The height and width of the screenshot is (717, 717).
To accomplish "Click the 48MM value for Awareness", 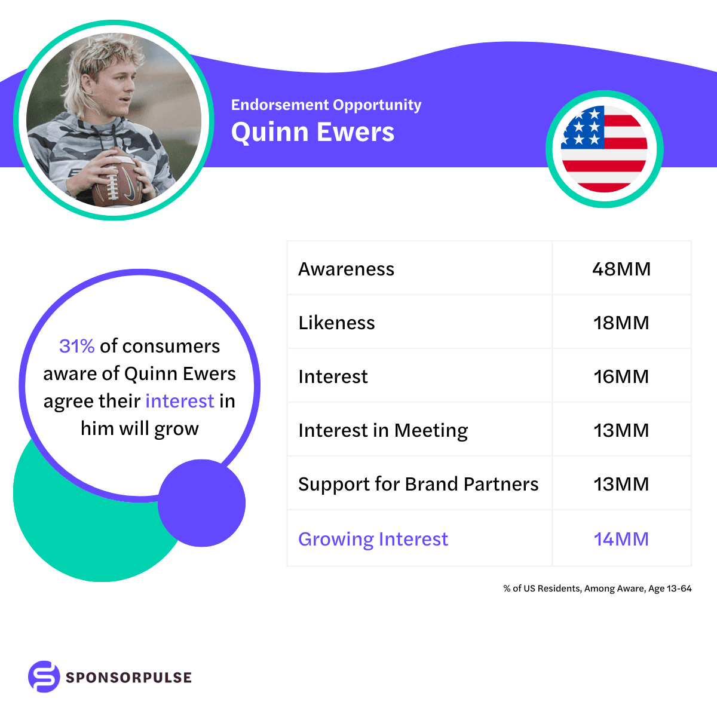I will pos(621,269).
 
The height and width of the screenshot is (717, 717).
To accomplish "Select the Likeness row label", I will pos(336,323).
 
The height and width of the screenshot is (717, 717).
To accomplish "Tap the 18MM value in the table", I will pos(621,323).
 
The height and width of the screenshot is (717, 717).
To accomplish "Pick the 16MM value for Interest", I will pos(621,376).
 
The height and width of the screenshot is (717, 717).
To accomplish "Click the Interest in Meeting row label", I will pos(383,430).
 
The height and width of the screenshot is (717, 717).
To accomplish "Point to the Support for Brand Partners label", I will pos(418,484).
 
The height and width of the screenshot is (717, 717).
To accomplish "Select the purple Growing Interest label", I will pos(373,539).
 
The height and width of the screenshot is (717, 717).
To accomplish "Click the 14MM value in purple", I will pos(621,539).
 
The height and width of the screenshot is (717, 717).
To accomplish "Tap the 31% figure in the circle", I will pos(77,346).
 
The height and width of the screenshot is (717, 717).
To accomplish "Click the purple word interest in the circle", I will pos(179,401).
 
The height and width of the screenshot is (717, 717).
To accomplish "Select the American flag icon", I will pos(604,149).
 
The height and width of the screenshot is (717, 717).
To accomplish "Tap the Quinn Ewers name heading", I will pos(312,132).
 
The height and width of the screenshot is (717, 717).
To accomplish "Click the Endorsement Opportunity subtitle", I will pos(326,105).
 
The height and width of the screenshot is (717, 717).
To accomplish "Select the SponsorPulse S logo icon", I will pos(44,677).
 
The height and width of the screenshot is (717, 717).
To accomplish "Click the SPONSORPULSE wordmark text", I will pos(128,678).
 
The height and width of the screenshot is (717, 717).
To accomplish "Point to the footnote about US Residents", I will pos(597,589).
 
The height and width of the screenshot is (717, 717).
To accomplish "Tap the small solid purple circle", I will pos(202,503).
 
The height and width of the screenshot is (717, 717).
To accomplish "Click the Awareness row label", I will pos(346,269).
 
